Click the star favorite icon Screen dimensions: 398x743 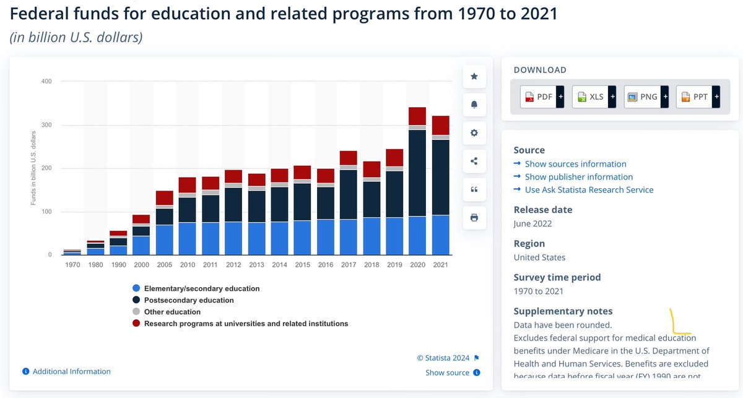click(x=474, y=76)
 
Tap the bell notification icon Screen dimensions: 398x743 click(x=474, y=105)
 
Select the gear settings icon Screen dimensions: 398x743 click(x=474, y=133)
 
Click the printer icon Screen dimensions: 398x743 click(x=474, y=217)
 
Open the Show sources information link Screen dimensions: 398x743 click(x=575, y=164)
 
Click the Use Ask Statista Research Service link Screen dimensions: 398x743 click(x=589, y=190)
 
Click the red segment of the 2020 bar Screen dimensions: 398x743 click(x=417, y=116)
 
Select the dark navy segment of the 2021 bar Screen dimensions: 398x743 click(x=440, y=177)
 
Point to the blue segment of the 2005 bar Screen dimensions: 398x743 click(x=165, y=240)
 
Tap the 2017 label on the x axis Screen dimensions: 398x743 click(x=349, y=265)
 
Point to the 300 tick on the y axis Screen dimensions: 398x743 click(x=47, y=125)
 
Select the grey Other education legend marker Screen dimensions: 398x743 click(x=136, y=312)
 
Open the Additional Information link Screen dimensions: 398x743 click(x=71, y=371)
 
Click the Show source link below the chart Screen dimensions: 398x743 click(x=447, y=373)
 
